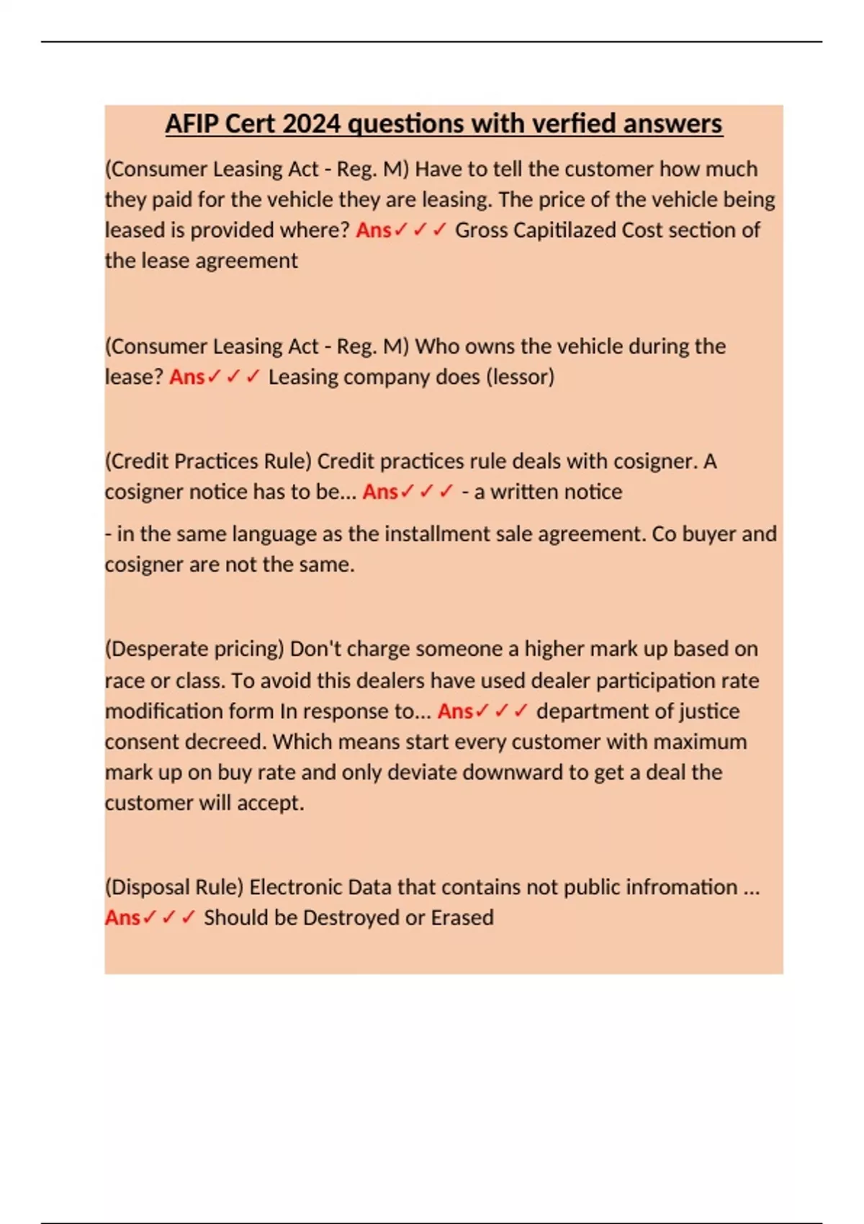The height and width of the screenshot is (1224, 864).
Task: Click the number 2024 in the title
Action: [311, 124]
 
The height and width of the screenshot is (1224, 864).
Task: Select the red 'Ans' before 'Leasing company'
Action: [187, 377]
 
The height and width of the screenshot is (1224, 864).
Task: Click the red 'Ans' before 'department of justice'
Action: [455, 711]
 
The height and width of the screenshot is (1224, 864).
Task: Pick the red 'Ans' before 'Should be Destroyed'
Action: [122, 917]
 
